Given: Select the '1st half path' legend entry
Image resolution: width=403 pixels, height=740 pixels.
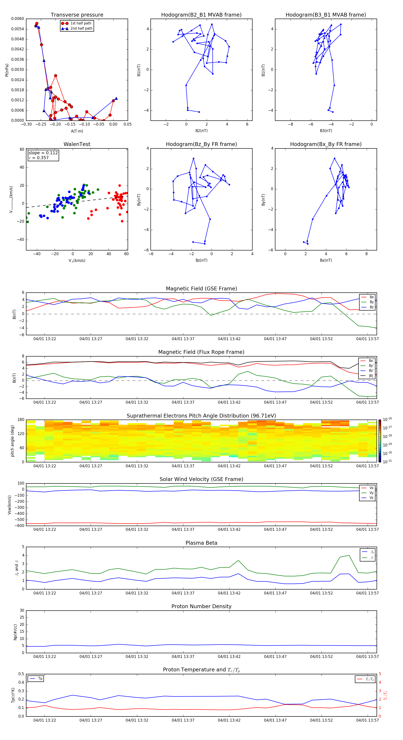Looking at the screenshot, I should (x=81, y=23).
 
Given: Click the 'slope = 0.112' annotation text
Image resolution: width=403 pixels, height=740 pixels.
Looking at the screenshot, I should (x=43, y=153).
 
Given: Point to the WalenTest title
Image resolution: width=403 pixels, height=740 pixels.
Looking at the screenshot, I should (x=77, y=144).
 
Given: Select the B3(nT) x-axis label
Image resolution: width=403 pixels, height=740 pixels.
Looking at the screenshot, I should (x=326, y=131).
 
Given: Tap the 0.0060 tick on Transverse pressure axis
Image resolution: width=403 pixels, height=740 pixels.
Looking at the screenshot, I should (x=17, y=19).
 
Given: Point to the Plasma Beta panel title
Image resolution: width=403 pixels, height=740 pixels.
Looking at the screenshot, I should (x=201, y=543).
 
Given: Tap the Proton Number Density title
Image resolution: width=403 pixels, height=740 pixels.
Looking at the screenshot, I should (x=201, y=606).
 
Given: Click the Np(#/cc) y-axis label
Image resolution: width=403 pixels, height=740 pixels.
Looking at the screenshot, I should (x=15, y=632).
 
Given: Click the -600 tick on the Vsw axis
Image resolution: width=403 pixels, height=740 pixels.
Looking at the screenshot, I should (x=19, y=526).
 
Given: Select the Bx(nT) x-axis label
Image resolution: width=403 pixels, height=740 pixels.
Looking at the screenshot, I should (x=326, y=260).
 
